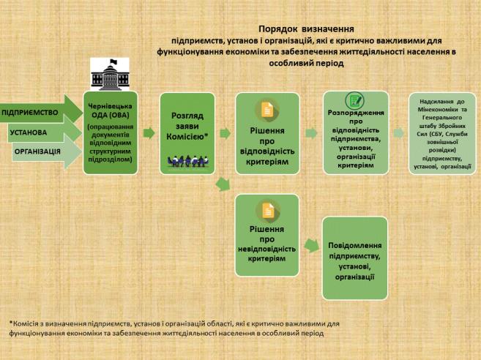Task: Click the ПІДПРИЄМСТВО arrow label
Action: click(31, 113)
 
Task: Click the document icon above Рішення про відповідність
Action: click(266, 110)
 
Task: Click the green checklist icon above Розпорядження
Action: click(355, 100)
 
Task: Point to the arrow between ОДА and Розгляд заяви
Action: click(149, 134)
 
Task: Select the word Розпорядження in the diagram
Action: click(355, 114)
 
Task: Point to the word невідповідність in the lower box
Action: click(266, 248)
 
